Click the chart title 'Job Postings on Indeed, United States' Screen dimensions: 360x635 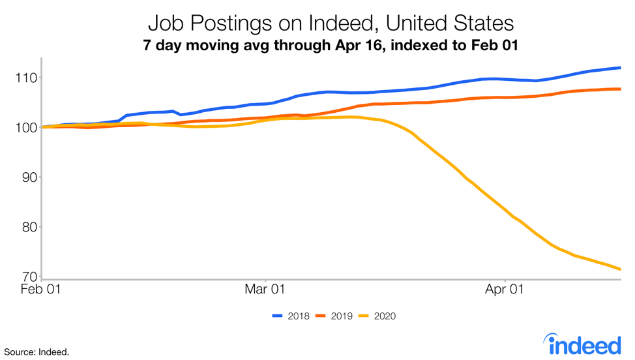click(331, 24)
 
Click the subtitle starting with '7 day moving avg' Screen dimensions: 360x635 click(331, 47)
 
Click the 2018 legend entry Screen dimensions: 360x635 click(291, 316)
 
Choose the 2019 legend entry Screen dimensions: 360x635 click(334, 316)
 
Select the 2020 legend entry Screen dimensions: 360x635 click(377, 316)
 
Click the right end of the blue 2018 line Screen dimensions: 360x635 click(619, 68)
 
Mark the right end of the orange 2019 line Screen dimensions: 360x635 click(619, 89)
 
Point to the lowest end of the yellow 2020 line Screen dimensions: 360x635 click(619, 269)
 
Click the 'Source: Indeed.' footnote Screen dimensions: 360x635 click(37, 352)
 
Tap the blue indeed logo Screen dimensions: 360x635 click(582, 344)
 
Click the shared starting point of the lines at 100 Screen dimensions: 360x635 click(43, 127)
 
